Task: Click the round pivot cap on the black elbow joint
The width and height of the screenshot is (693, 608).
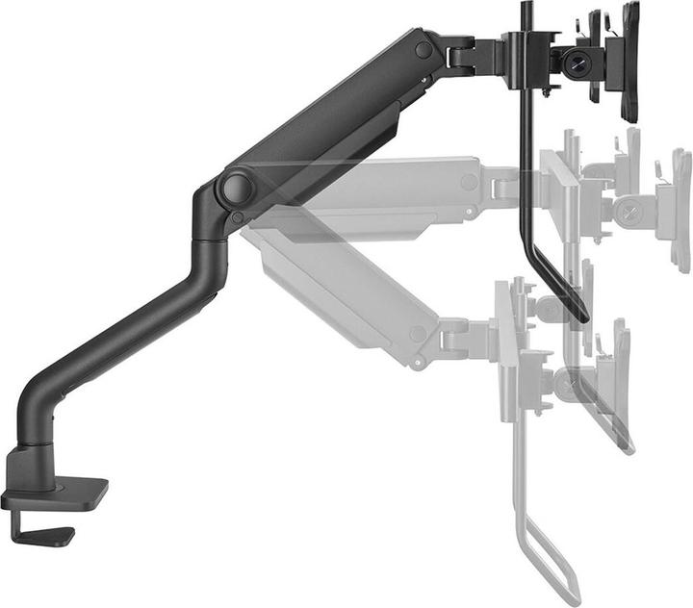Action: (235, 188)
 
